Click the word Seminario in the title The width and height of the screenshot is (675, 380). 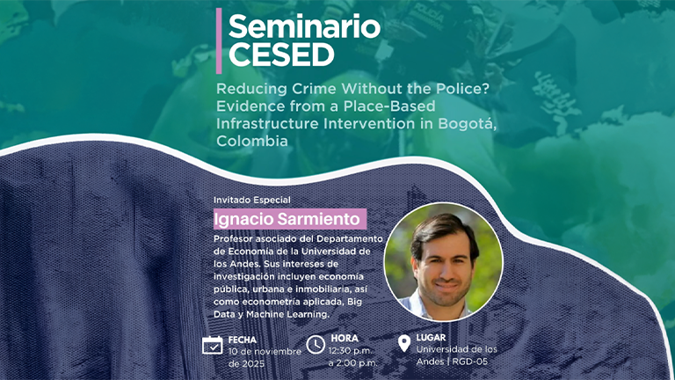304,26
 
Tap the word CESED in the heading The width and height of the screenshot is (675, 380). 281,55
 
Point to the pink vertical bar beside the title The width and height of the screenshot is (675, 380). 219,41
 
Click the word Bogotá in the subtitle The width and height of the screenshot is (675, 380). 467,124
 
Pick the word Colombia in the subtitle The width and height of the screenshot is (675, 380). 252,141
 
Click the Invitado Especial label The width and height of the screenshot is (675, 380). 252,200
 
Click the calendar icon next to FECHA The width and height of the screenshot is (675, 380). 212,345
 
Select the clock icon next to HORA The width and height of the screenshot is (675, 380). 316,345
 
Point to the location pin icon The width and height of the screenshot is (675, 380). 403,343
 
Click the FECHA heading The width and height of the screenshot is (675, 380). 243,340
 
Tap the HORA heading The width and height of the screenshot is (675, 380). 345,338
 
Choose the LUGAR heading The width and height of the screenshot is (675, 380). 431,338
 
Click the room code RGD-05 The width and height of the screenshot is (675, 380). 469,362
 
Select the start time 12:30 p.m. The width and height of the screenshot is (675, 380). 351,351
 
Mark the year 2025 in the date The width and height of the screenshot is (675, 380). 253,364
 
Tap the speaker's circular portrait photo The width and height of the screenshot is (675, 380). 443,262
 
